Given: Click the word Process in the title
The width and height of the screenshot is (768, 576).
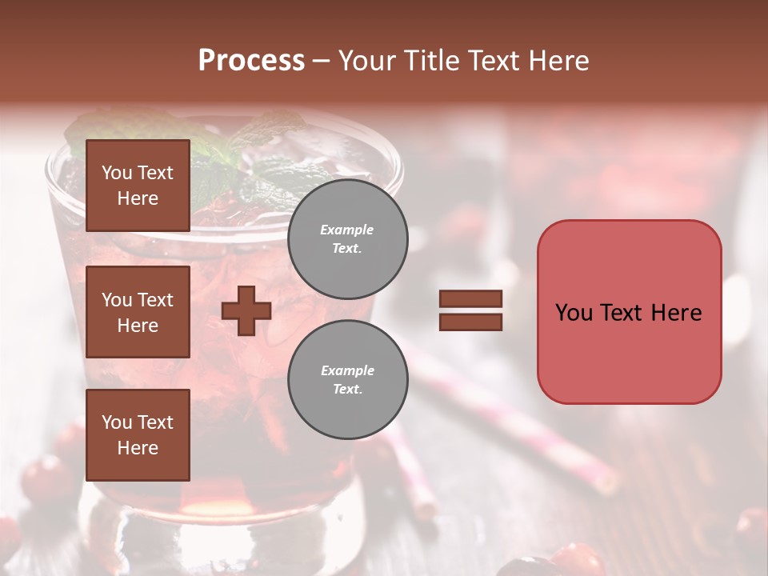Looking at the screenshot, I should pyautogui.click(x=251, y=61).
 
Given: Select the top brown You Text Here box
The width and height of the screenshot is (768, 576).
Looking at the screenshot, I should pyautogui.click(x=138, y=186).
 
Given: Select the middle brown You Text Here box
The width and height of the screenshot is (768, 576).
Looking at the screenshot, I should pyautogui.click(x=138, y=312).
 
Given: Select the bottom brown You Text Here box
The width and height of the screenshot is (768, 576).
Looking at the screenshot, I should pyautogui.click(x=138, y=434).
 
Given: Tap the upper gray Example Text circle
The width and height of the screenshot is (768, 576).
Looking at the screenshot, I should pyautogui.click(x=347, y=238).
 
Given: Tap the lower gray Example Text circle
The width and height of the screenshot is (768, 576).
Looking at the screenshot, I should pyautogui.click(x=347, y=379).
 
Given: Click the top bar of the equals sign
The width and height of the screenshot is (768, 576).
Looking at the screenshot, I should pyautogui.click(x=470, y=299).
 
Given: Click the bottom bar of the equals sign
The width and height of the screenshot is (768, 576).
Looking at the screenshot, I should pyautogui.click(x=470, y=322).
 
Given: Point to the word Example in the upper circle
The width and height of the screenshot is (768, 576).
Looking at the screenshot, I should pyautogui.click(x=347, y=230).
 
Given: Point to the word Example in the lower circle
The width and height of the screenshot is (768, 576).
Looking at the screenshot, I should pyautogui.click(x=347, y=370).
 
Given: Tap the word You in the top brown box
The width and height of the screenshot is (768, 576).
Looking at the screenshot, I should pyautogui.click(x=117, y=173).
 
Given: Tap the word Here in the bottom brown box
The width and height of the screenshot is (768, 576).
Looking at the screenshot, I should pyautogui.click(x=138, y=448).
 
